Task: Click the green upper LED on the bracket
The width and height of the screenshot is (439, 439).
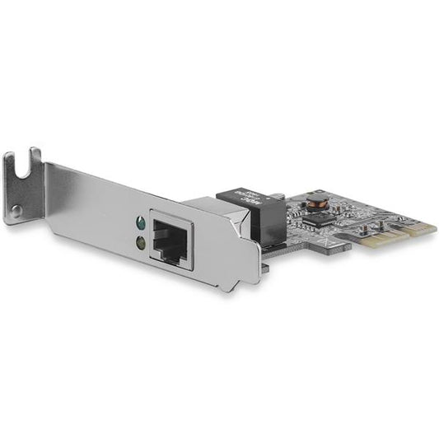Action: (141, 222)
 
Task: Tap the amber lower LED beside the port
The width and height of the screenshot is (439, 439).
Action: (141, 242)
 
